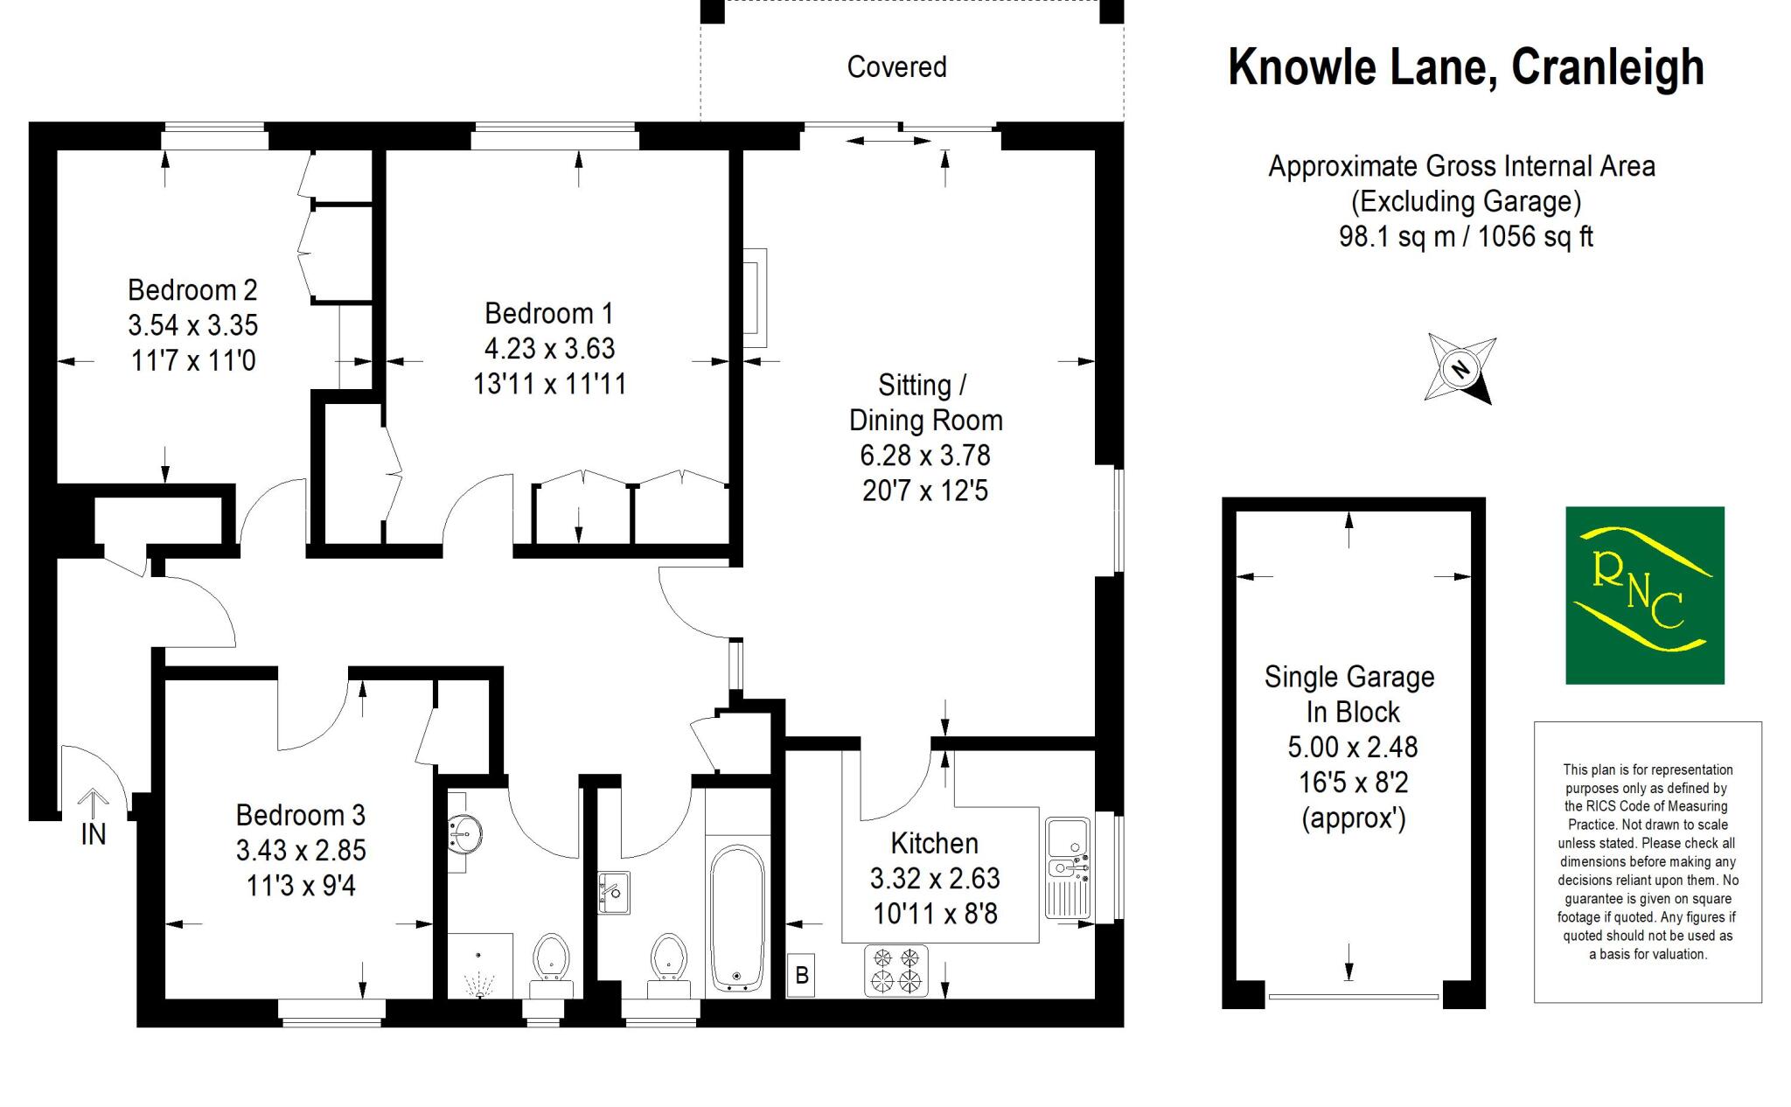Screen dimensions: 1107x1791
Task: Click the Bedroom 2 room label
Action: [x=192, y=289]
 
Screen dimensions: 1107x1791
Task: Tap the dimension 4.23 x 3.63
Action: [x=549, y=348]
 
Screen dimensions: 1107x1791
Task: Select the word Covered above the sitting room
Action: [x=896, y=67]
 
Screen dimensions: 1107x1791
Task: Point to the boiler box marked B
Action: [x=801, y=974]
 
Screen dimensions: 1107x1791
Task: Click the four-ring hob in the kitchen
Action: [x=896, y=971]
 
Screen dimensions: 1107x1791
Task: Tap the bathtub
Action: [x=736, y=917]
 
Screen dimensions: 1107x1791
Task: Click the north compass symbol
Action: [x=1460, y=368]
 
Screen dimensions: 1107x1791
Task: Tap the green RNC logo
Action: [x=1644, y=595]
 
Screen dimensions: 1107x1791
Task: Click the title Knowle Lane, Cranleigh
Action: [x=1466, y=67]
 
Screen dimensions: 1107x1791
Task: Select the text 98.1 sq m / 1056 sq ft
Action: [x=1466, y=237]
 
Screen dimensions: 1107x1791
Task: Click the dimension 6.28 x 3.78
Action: [x=925, y=456]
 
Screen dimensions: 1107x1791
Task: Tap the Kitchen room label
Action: [x=934, y=843]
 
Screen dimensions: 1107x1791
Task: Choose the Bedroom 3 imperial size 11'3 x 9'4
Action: [x=301, y=886]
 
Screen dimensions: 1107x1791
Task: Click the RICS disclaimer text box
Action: [x=1648, y=861]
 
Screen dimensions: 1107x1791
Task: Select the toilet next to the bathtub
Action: [x=669, y=962]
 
